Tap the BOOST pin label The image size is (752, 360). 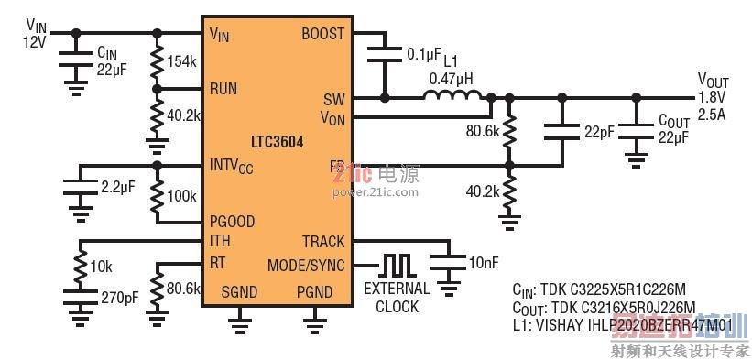point(322,34)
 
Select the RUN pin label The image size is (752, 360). point(223,90)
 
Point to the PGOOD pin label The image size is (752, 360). point(232,222)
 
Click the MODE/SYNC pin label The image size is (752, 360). point(306,266)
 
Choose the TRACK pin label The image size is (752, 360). point(323,242)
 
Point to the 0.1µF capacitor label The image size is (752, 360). point(423,55)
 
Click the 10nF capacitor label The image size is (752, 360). point(483,263)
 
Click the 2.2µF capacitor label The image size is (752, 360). point(116,186)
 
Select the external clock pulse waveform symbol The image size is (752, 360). point(398,265)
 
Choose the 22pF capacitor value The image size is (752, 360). point(600,132)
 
